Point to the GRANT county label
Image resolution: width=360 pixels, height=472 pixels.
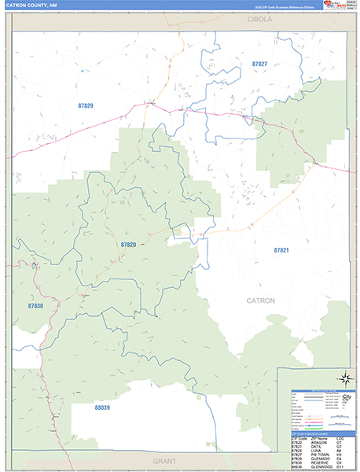pyautogui.click(x=164, y=460)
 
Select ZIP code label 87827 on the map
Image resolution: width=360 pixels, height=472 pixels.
pyautogui.click(x=259, y=64)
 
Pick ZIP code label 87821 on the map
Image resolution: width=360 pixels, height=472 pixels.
pyautogui.click(x=281, y=249)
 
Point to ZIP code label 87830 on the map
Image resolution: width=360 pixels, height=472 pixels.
pyautogui.click(x=35, y=305)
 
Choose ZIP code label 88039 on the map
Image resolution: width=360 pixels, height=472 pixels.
pyautogui.click(x=102, y=407)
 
